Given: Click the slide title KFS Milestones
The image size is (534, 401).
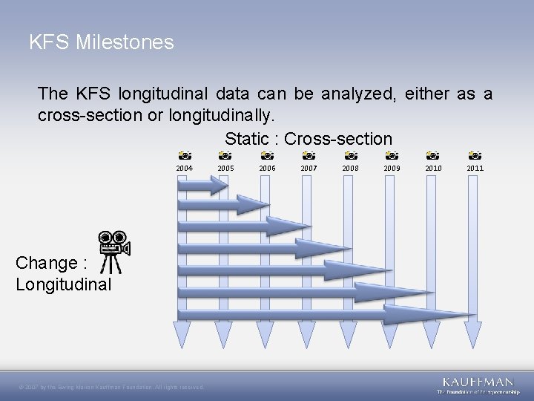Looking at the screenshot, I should tap(102, 42).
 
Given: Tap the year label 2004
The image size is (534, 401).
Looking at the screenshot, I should tap(184, 169).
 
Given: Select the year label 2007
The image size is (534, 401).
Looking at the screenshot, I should tap(309, 169).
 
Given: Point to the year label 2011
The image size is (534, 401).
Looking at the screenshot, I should tap(475, 169).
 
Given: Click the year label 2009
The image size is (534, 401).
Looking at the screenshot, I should tap(392, 169).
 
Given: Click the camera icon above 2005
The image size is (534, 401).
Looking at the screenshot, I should tap(225, 156).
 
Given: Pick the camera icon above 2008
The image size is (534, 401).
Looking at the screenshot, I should tap(351, 156).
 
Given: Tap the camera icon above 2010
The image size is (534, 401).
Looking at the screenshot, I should tap(433, 156).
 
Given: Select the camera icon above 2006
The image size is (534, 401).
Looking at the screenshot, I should tap(268, 156).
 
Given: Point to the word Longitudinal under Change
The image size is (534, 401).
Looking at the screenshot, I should tap(64, 284).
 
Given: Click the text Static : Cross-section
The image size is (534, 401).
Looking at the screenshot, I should tap(308, 139).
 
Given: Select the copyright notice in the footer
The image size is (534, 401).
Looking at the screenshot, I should tap(111, 387).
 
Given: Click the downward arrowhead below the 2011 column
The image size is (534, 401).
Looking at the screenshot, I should tap(474, 335).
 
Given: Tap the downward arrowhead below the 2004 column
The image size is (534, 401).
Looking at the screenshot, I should tap(182, 335).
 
